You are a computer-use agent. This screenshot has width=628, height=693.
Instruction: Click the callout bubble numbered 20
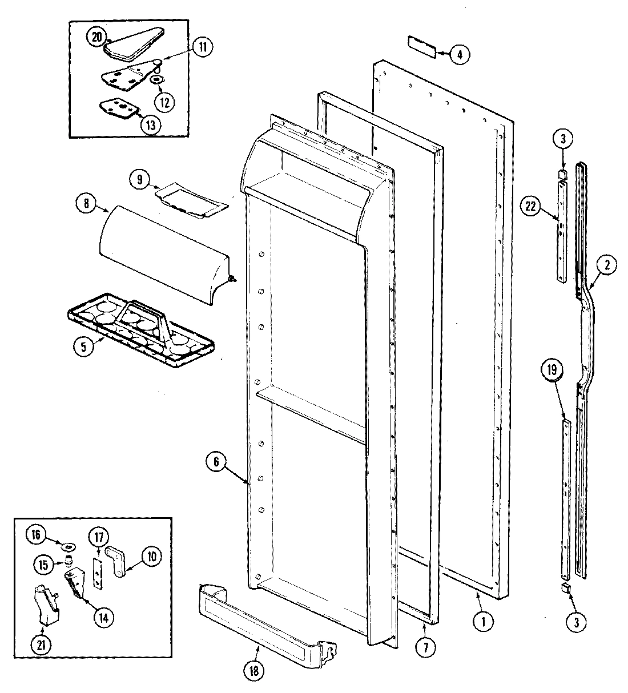tap(96, 37)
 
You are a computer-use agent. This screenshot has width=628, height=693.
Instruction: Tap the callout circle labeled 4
tap(460, 54)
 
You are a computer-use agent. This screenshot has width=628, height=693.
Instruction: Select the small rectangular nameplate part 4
tap(422, 47)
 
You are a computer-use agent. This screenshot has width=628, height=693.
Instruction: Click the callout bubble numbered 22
tap(531, 207)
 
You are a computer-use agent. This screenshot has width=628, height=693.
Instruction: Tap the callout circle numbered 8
tap(85, 205)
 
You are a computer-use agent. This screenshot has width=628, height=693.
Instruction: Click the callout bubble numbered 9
tap(139, 179)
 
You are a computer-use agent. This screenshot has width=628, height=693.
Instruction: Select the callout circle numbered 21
tap(43, 645)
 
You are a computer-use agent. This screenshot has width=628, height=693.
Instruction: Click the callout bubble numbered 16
tap(36, 534)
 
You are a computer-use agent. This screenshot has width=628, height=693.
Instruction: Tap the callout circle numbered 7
tap(426, 647)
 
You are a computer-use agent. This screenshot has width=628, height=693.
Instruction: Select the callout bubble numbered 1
tap(484, 622)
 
